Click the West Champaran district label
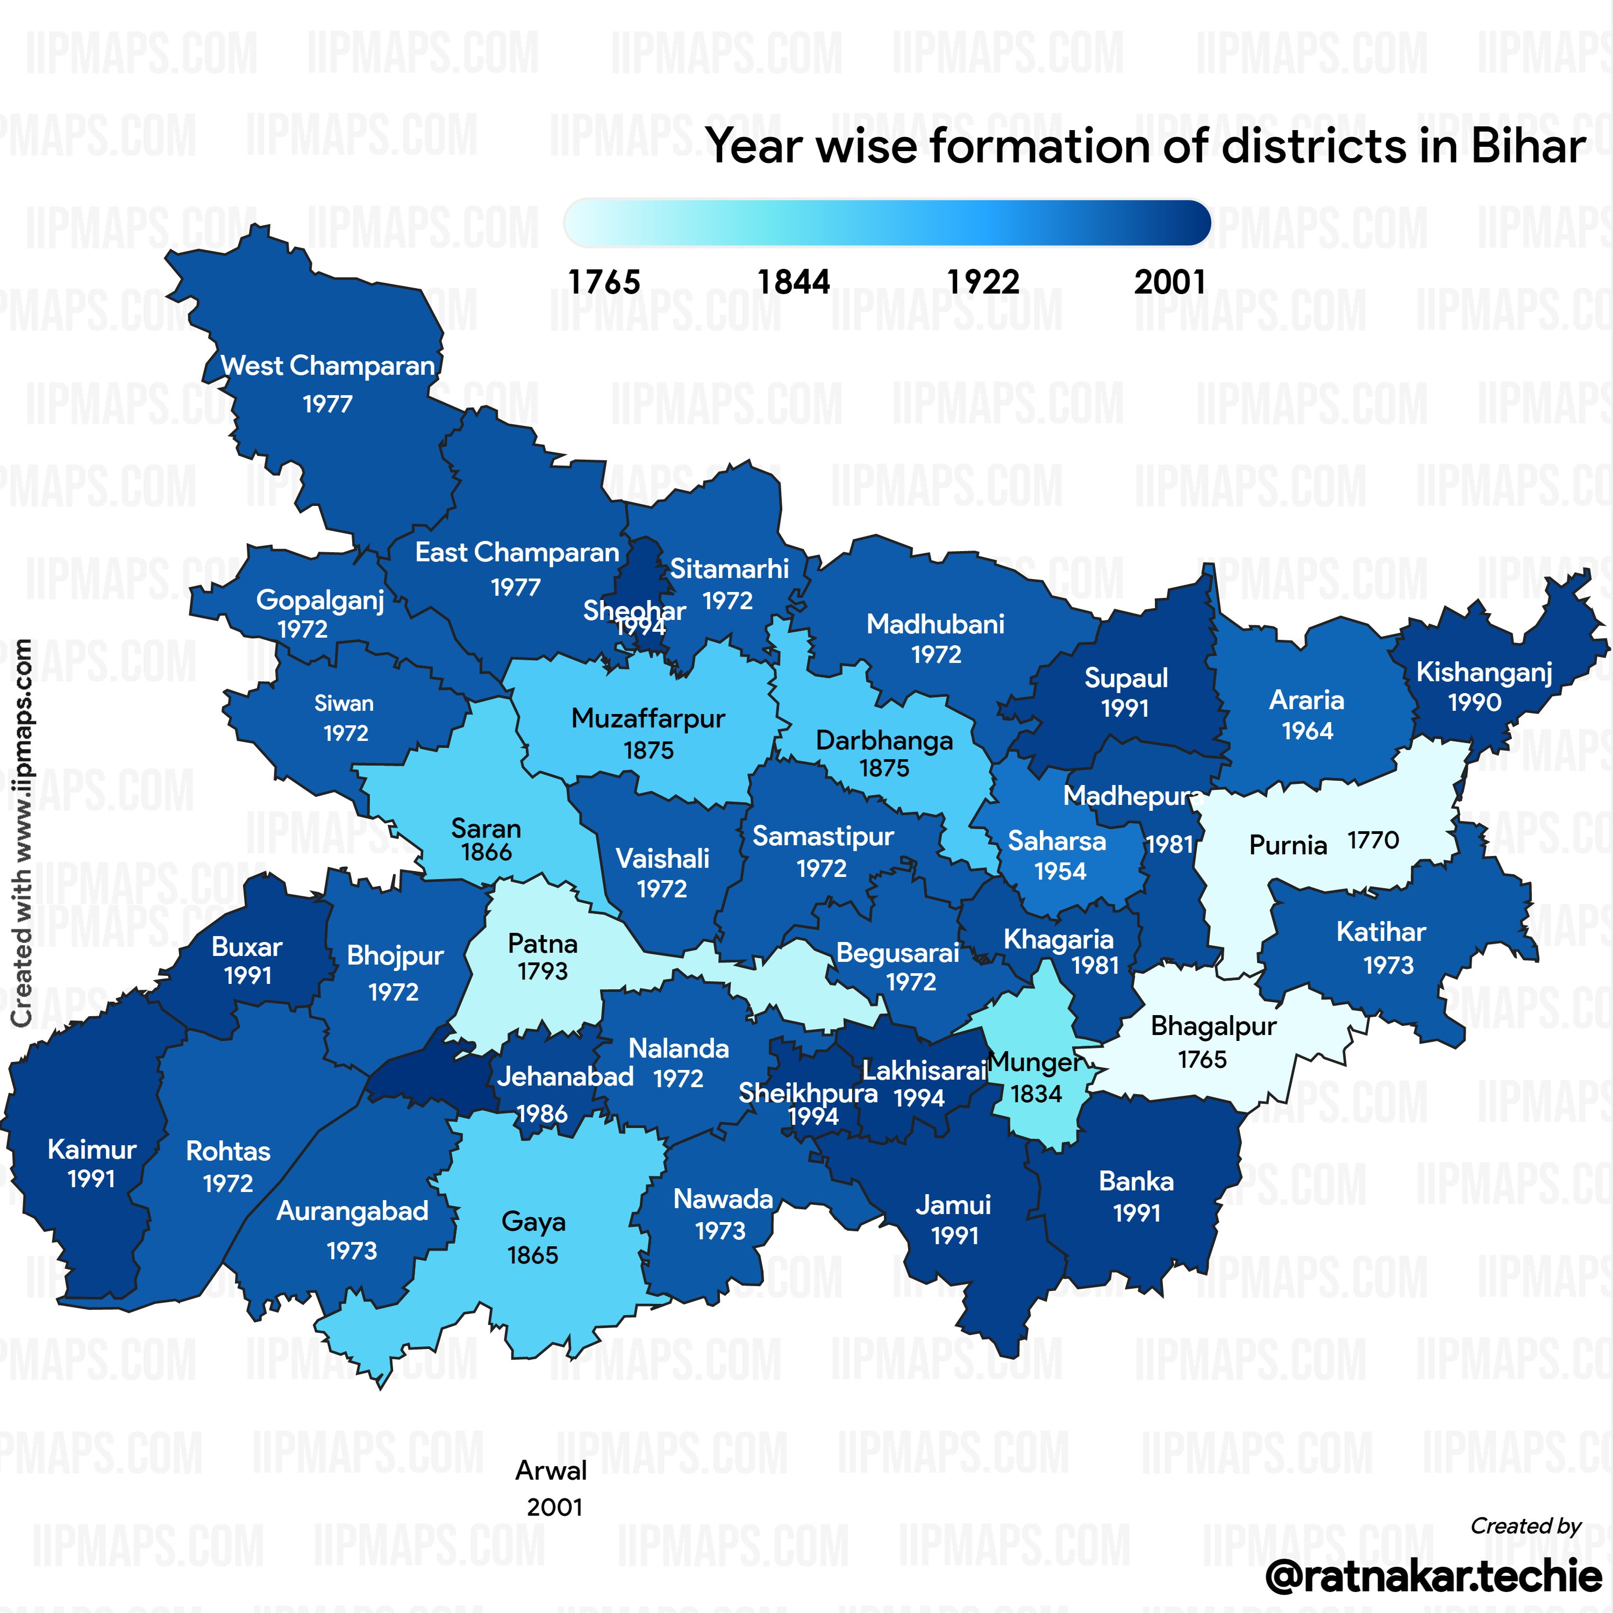(x=327, y=366)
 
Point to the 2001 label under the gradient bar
(x=1169, y=282)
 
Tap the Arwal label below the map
(x=551, y=1469)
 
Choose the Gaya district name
(x=533, y=1222)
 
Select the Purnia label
(x=1287, y=845)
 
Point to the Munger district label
(x=1035, y=1063)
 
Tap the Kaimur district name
(x=92, y=1149)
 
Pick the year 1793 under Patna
(x=543, y=971)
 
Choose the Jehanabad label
(x=565, y=1076)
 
